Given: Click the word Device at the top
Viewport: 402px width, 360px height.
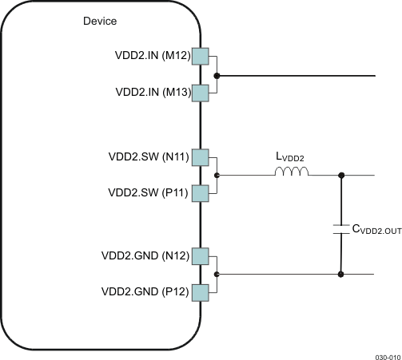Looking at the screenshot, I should point(100,21).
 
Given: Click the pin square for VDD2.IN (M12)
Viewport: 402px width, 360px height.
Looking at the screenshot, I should point(200,57).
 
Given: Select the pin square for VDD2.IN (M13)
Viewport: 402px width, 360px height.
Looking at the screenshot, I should point(200,93).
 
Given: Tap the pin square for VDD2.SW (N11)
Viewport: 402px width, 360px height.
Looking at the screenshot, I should point(200,156).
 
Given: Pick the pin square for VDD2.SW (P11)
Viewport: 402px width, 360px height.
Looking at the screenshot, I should point(200,192).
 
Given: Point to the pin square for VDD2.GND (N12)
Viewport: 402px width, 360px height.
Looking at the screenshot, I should point(200,255).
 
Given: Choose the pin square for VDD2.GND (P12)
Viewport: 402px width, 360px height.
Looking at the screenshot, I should point(200,291).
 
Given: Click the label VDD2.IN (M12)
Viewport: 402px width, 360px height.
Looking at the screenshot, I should point(152,57).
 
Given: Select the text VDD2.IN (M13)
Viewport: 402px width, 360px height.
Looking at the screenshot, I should point(152,93).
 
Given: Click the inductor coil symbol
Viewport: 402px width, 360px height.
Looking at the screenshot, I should point(291,171).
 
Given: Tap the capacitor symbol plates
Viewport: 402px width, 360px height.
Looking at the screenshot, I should point(341,230).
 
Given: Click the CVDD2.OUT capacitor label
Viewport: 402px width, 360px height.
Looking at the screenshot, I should point(376,230).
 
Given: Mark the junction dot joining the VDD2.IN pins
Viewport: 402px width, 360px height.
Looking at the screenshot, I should point(217,76).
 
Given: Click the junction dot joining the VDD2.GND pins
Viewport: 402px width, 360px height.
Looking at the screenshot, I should point(217,274).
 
